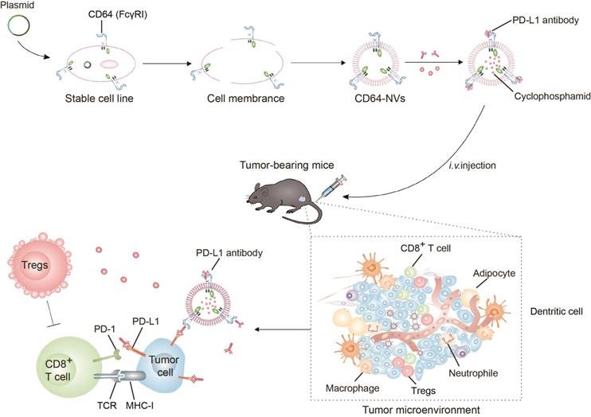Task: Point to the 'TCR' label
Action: (x=125, y=403)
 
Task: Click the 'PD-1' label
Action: (x=112, y=306)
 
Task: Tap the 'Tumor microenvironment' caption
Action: (x=409, y=408)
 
